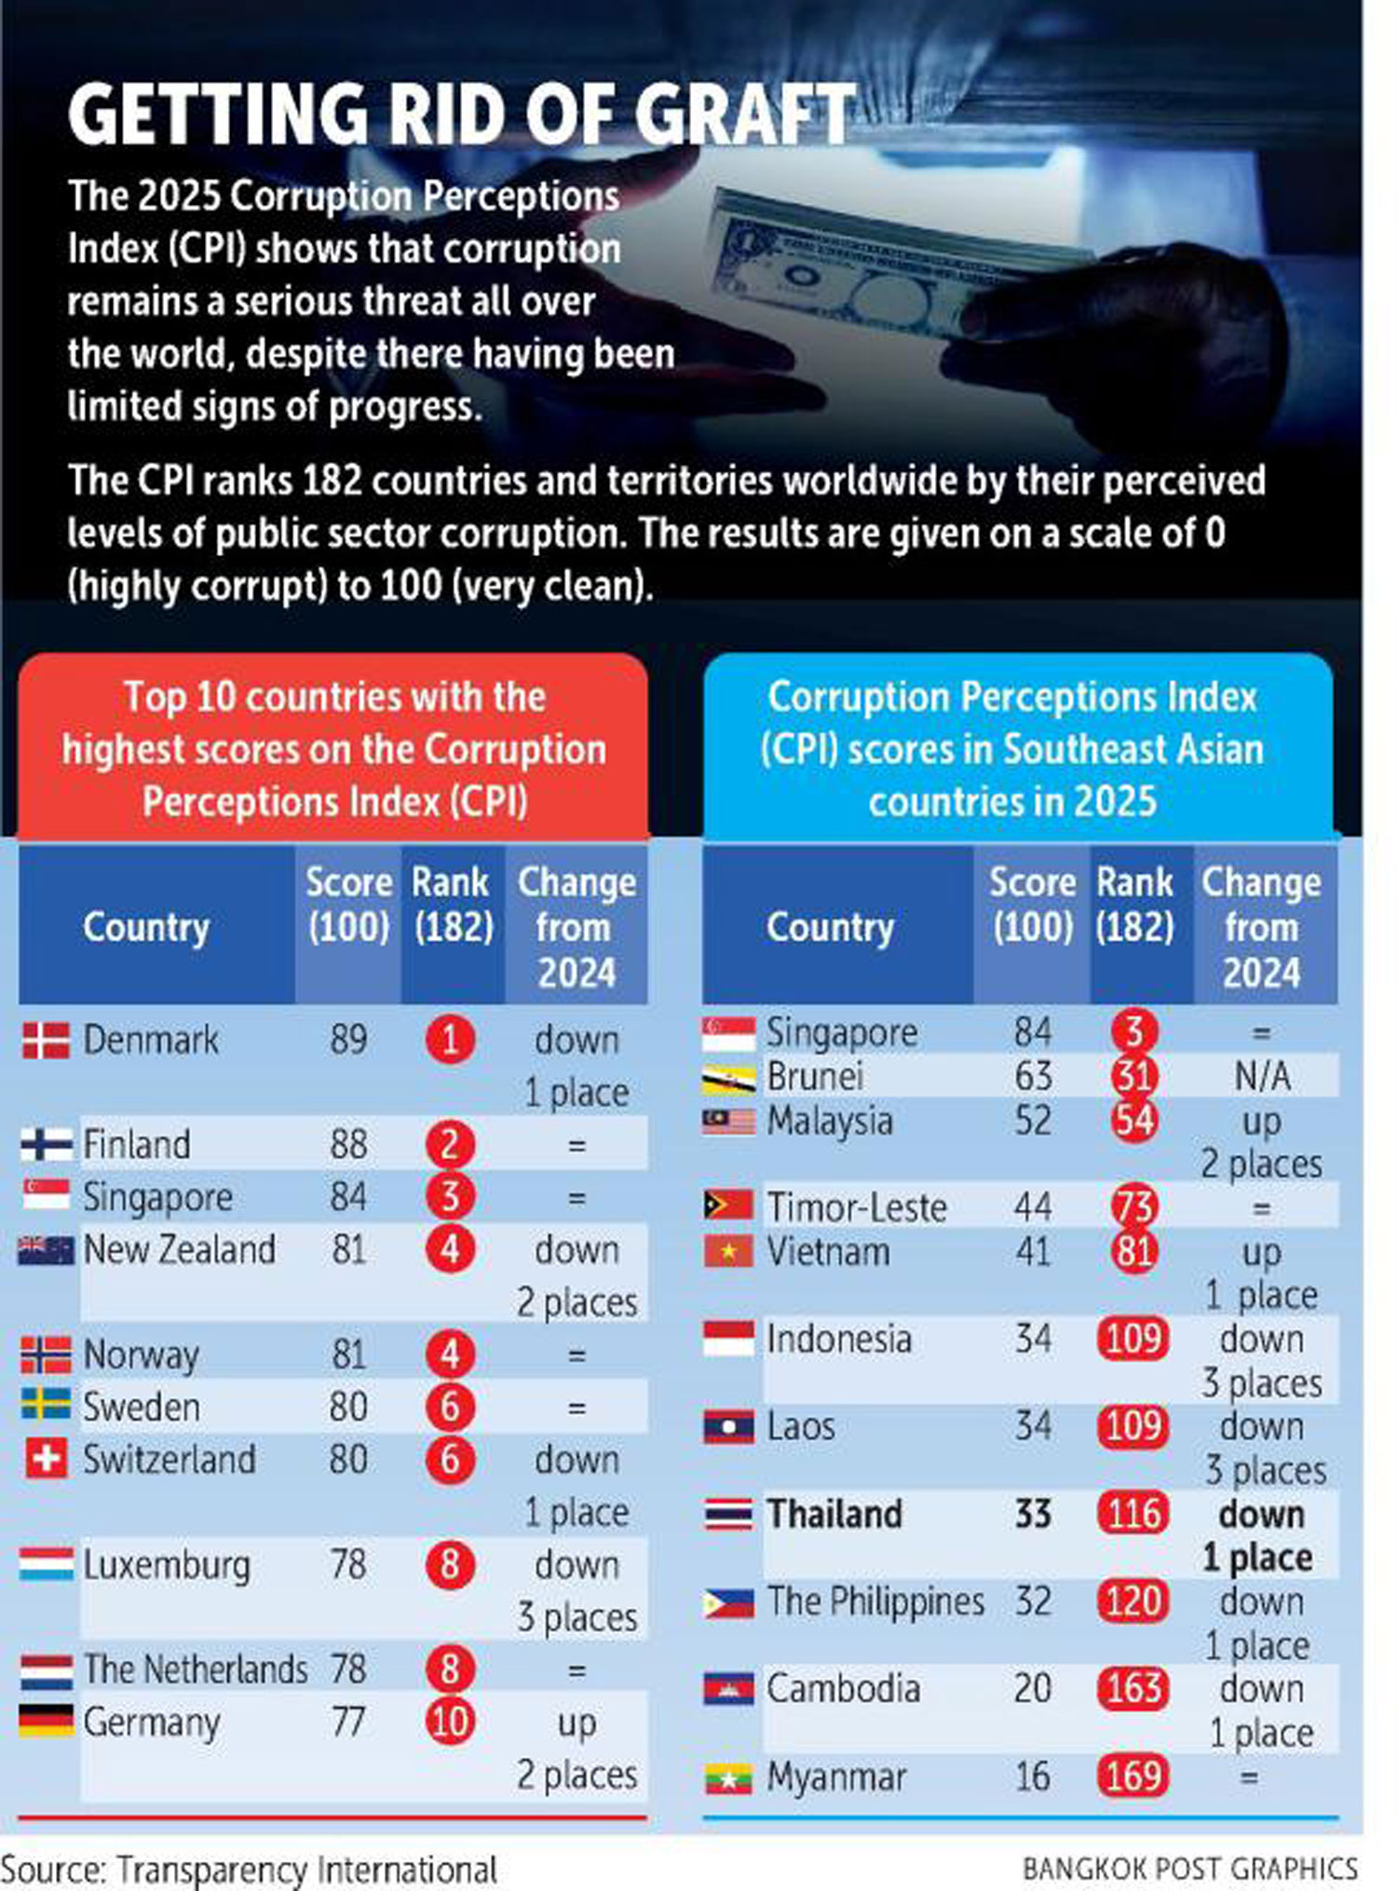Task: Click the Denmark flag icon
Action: [46, 1040]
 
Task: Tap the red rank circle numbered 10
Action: [450, 1721]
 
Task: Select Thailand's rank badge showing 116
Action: [1133, 1514]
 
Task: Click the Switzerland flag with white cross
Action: [46, 1459]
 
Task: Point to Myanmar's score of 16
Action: [1032, 1776]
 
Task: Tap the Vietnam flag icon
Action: [728, 1251]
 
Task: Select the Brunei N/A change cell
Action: [1262, 1076]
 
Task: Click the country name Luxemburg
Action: [167, 1565]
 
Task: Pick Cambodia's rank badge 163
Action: [1133, 1688]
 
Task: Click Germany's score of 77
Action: [347, 1721]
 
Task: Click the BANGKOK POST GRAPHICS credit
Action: [1189, 1869]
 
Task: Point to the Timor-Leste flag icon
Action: [728, 1205]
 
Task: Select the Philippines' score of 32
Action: [1032, 1601]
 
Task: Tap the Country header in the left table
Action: [146, 927]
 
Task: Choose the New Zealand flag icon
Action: [46, 1249]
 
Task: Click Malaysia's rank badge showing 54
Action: [1133, 1120]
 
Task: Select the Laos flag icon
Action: [728, 1427]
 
